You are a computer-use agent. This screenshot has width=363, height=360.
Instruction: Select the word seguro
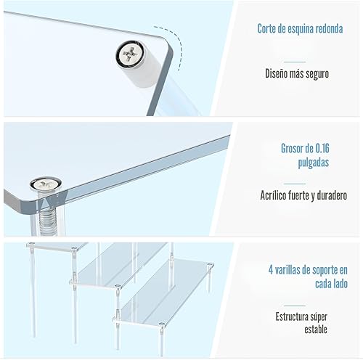coord(318,73)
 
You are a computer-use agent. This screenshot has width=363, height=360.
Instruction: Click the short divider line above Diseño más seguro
coord(294,61)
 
